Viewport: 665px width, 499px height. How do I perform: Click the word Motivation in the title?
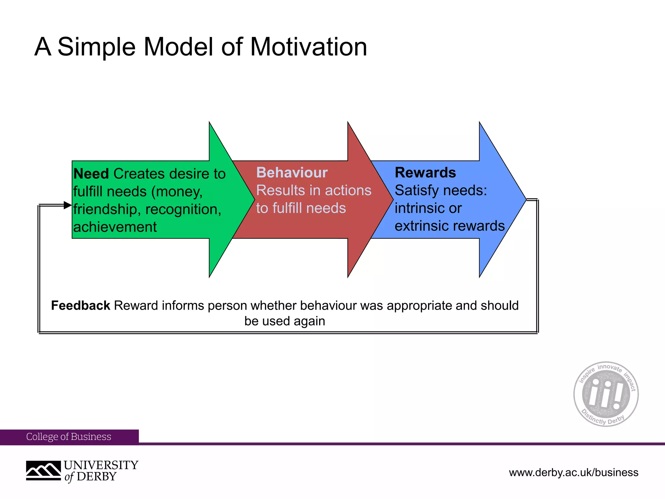coord(308,47)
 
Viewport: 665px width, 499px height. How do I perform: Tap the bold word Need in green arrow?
coord(91,174)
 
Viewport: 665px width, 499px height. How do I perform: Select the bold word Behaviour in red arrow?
coord(292,173)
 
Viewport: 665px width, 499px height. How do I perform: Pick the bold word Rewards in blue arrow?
coord(425,173)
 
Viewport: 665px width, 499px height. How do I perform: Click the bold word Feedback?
coord(81,306)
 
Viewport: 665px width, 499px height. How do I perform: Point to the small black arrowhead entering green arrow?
coord(68,205)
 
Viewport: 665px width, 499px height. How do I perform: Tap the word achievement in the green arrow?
coord(115,227)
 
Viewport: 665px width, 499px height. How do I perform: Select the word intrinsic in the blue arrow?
coord(419,208)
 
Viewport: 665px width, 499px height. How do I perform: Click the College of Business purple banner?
coord(69,437)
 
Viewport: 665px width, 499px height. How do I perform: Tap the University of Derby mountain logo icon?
coord(44,470)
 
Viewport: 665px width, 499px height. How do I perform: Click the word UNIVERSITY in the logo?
coord(101,465)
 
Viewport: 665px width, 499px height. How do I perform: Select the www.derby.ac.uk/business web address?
coord(573,472)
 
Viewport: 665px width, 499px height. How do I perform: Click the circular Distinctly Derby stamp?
coord(606,394)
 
